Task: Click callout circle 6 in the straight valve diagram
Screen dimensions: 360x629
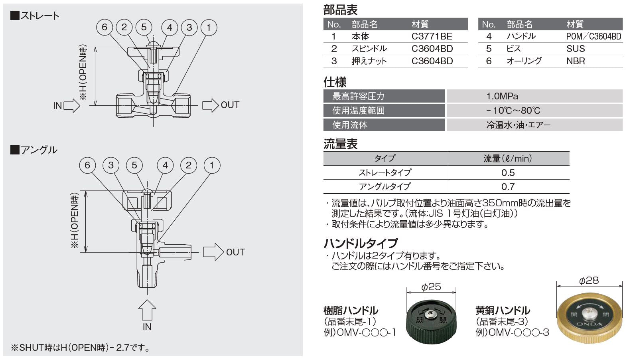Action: [x=105, y=27]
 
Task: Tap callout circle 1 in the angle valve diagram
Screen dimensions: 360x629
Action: [x=212, y=165]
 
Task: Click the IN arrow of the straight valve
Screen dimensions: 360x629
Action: [x=72, y=105]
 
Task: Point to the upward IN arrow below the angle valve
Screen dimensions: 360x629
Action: [x=147, y=309]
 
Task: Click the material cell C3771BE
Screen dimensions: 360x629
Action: [x=432, y=36]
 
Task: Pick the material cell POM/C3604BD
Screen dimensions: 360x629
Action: [x=594, y=36]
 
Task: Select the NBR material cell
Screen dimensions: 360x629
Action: [x=576, y=61]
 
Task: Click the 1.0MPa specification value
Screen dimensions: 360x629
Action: [x=502, y=96]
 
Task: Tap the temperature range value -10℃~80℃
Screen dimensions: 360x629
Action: [x=513, y=111]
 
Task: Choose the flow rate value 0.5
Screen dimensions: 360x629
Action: [x=508, y=173]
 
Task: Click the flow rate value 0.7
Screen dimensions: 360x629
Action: [x=508, y=186]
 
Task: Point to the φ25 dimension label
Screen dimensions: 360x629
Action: [x=431, y=287]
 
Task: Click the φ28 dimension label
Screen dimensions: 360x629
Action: [x=589, y=281]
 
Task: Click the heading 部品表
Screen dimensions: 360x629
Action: [x=340, y=10]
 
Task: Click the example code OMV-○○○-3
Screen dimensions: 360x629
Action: [x=512, y=332]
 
